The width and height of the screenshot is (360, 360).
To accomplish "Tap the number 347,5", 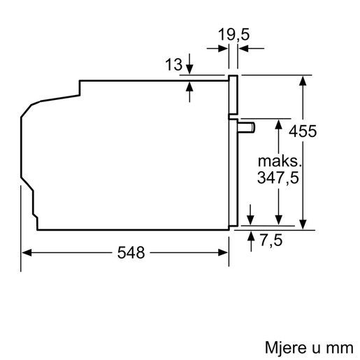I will [x=278, y=178].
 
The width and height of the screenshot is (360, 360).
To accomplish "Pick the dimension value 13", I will [x=174, y=64].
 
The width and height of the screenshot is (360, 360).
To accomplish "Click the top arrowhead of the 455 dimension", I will [x=303, y=80].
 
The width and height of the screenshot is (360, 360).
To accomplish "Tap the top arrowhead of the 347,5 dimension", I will [x=278, y=124].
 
